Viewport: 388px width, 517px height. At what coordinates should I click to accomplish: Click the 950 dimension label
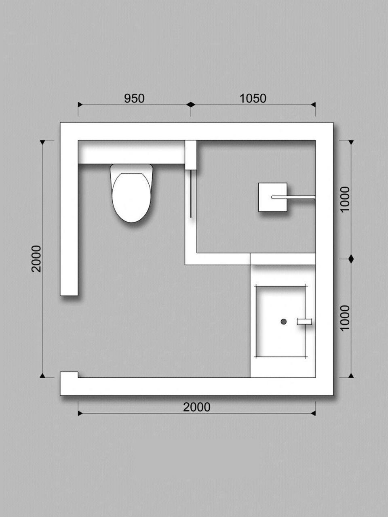(134, 99)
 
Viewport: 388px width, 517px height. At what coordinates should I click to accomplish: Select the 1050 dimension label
(253, 99)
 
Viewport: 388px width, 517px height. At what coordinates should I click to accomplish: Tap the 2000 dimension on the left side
(36, 259)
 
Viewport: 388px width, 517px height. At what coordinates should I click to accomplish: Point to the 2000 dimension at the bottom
(197, 407)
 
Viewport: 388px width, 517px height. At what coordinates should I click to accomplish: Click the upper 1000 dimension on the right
(345, 199)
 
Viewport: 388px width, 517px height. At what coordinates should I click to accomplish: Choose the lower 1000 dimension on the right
(345, 318)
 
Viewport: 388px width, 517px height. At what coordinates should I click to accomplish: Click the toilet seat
(131, 198)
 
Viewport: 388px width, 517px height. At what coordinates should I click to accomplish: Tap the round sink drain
(284, 321)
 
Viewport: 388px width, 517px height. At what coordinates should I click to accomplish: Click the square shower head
(272, 197)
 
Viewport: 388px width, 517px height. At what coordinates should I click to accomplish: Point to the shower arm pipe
(293, 197)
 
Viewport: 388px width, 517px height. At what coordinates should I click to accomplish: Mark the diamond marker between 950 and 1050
(191, 104)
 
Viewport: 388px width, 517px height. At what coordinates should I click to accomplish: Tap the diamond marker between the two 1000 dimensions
(351, 259)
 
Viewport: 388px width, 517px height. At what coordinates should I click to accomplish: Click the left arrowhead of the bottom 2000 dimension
(80, 413)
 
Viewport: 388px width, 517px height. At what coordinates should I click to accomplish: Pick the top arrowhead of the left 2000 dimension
(42, 142)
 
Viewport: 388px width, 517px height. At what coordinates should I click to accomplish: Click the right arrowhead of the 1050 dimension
(313, 104)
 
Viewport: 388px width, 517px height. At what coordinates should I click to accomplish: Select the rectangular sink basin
(280, 322)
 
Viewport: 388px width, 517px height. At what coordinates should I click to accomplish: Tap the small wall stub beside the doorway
(69, 374)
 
